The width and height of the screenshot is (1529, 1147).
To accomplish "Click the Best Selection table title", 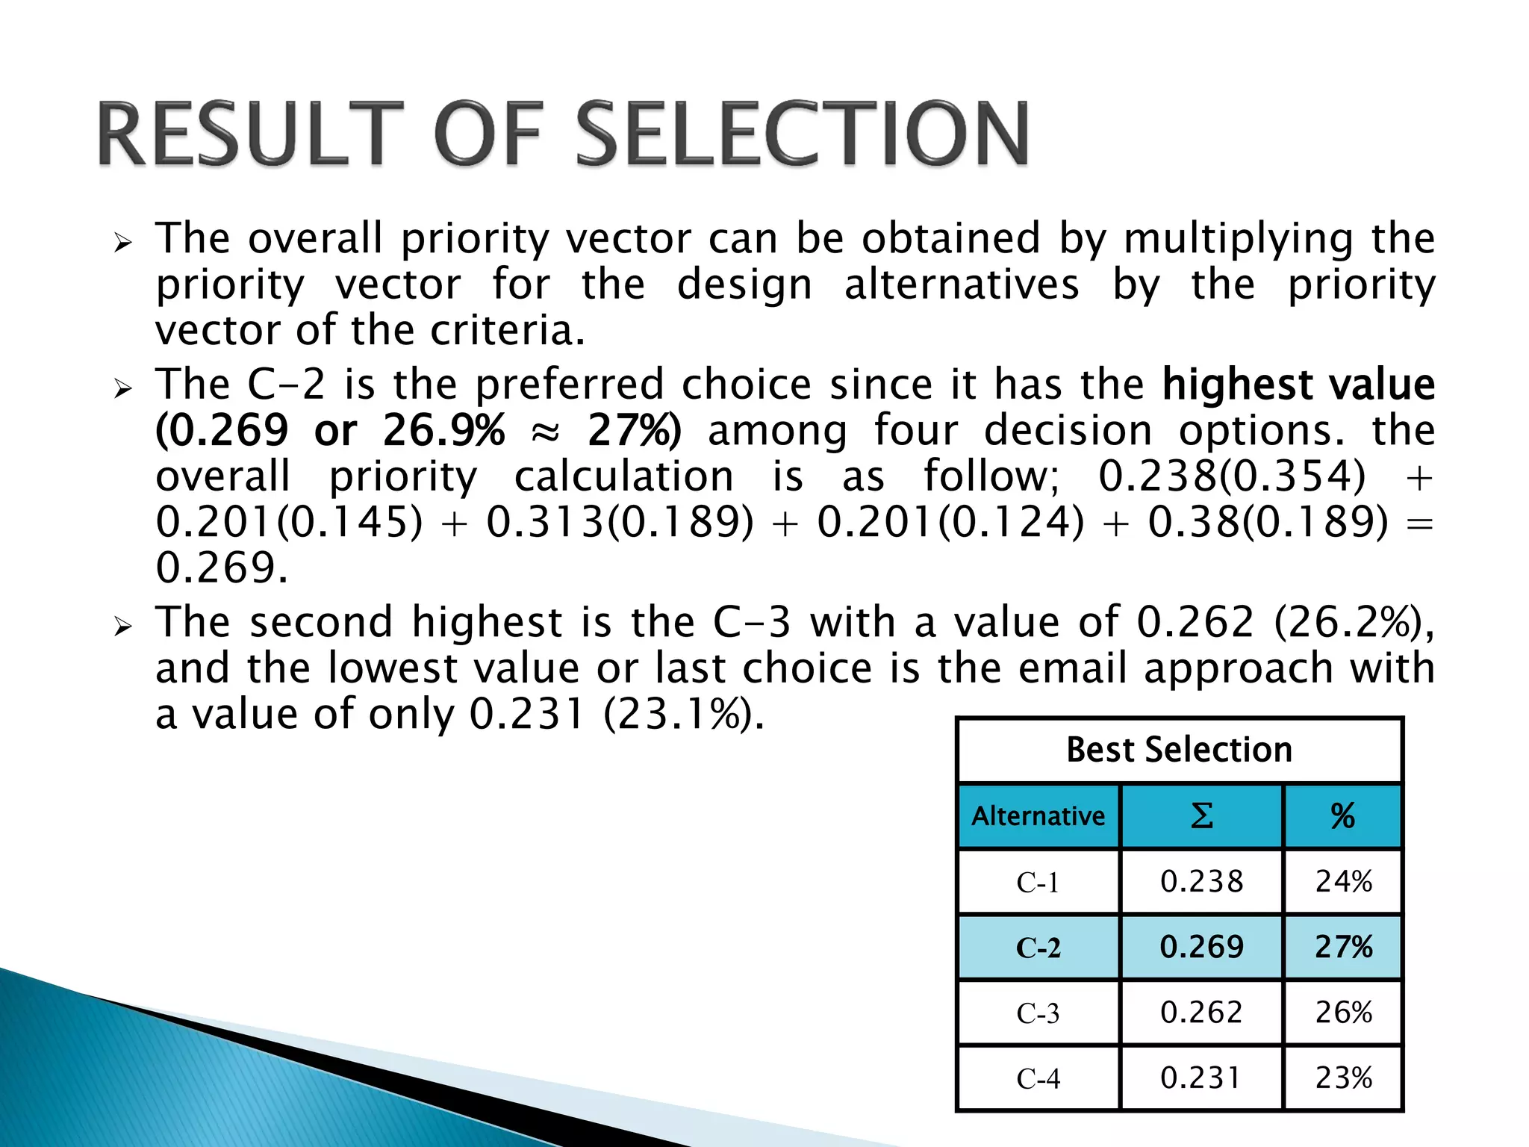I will [1179, 750].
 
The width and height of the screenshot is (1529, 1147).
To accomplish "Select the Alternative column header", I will [1038, 816].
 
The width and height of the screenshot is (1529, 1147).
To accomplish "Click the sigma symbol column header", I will [1201, 816].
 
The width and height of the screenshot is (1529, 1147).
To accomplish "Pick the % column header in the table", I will [1342, 816].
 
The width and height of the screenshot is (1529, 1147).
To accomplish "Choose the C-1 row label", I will [1038, 883].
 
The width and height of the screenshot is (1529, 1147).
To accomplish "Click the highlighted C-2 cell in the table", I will [1038, 948].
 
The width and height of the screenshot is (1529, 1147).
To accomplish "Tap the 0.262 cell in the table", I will [1201, 1013].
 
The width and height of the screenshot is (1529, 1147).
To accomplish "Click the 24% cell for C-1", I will [1343, 882].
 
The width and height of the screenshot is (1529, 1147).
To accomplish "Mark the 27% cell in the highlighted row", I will [1343, 948].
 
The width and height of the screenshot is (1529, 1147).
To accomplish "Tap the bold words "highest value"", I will [1298, 385].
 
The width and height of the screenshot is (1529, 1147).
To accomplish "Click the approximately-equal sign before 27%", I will [546, 432].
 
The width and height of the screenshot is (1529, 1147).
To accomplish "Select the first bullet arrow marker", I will [123, 242].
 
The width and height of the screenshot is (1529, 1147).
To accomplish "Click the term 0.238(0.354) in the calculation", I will [1232, 476].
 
